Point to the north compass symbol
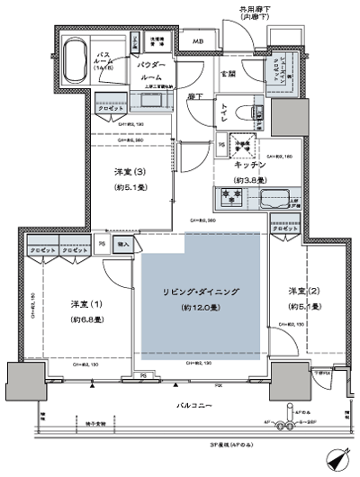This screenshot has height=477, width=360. tap(340, 458)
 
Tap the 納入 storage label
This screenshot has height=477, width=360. tap(123, 244)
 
